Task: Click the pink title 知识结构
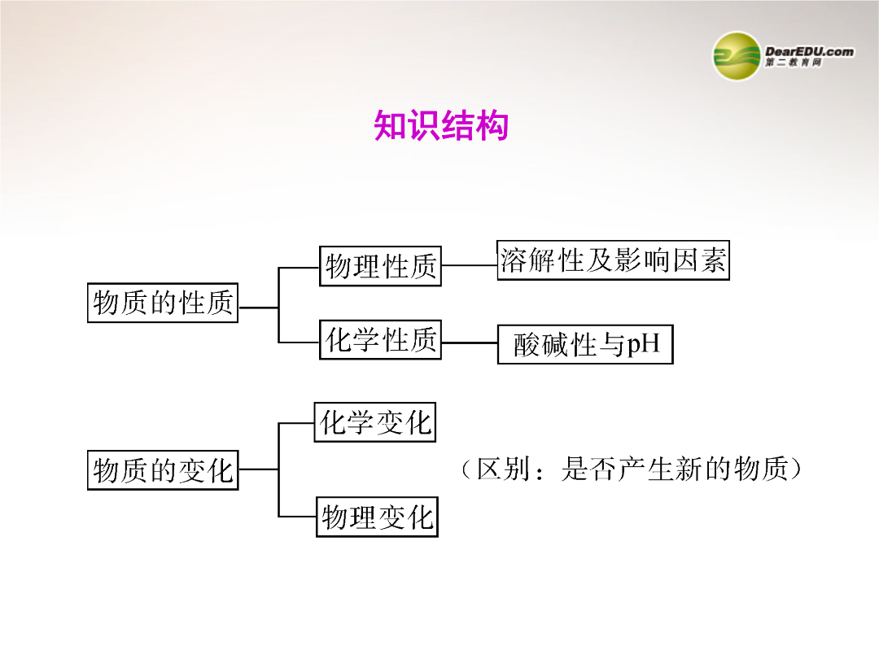tap(441, 125)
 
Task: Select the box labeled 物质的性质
tap(163, 303)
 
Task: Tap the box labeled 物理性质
tap(381, 266)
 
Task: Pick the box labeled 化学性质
tap(381, 339)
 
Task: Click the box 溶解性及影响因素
tap(614, 260)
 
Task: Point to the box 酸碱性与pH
tap(585, 344)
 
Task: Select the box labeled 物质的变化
tap(163, 469)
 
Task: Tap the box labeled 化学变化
tap(375, 422)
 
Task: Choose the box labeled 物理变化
tap(378, 517)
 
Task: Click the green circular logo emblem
tap(737, 56)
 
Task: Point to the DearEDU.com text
tap(810, 51)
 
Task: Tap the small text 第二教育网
tap(794, 63)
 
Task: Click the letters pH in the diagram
tap(643, 344)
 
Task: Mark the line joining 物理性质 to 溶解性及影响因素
tap(470, 265)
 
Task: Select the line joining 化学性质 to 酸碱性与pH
tap(470, 343)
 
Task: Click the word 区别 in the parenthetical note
tap(503, 469)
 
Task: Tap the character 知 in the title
tap(390, 125)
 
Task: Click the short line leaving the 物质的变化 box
tap(259, 469)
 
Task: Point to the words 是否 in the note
tap(588, 469)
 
